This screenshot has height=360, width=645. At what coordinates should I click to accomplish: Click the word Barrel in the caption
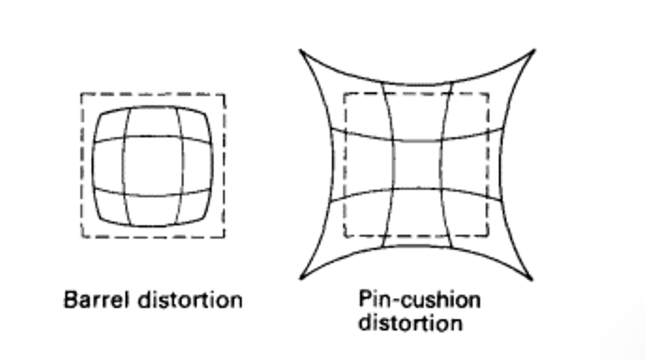(96, 300)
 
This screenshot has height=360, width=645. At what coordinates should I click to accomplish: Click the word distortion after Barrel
(190, 300)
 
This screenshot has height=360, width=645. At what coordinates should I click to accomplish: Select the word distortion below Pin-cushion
(410, 322)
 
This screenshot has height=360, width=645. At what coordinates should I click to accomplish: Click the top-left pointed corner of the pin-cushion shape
(301, 50)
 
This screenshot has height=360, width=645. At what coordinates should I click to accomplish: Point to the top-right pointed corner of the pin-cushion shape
(534, 50)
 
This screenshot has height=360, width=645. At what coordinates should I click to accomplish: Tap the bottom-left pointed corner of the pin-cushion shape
(301, 278)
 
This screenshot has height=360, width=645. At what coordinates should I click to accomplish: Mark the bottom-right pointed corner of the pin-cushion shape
(532, 279)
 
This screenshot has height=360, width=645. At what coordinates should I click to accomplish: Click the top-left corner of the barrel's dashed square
(81, 94)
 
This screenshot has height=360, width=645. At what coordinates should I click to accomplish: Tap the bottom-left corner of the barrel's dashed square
(81, 237)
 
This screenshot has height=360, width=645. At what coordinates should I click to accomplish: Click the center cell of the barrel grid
(153, 166)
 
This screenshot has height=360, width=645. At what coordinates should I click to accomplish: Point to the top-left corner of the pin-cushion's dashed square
(344, 94)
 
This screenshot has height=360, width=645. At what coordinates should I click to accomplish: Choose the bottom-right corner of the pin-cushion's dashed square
(488, 236)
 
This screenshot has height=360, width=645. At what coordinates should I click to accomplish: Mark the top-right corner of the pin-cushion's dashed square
(488, 94)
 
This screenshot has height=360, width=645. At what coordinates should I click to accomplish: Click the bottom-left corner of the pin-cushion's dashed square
(344, 236)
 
